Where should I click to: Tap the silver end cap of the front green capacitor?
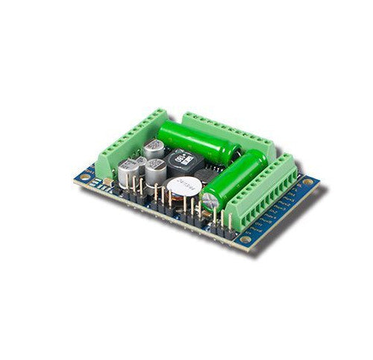click(212, 201)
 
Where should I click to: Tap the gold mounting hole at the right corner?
click(307, 181)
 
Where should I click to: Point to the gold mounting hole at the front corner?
click(245, 240)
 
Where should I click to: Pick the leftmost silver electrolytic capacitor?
click(126, 173)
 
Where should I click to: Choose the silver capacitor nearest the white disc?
click(157, 171)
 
